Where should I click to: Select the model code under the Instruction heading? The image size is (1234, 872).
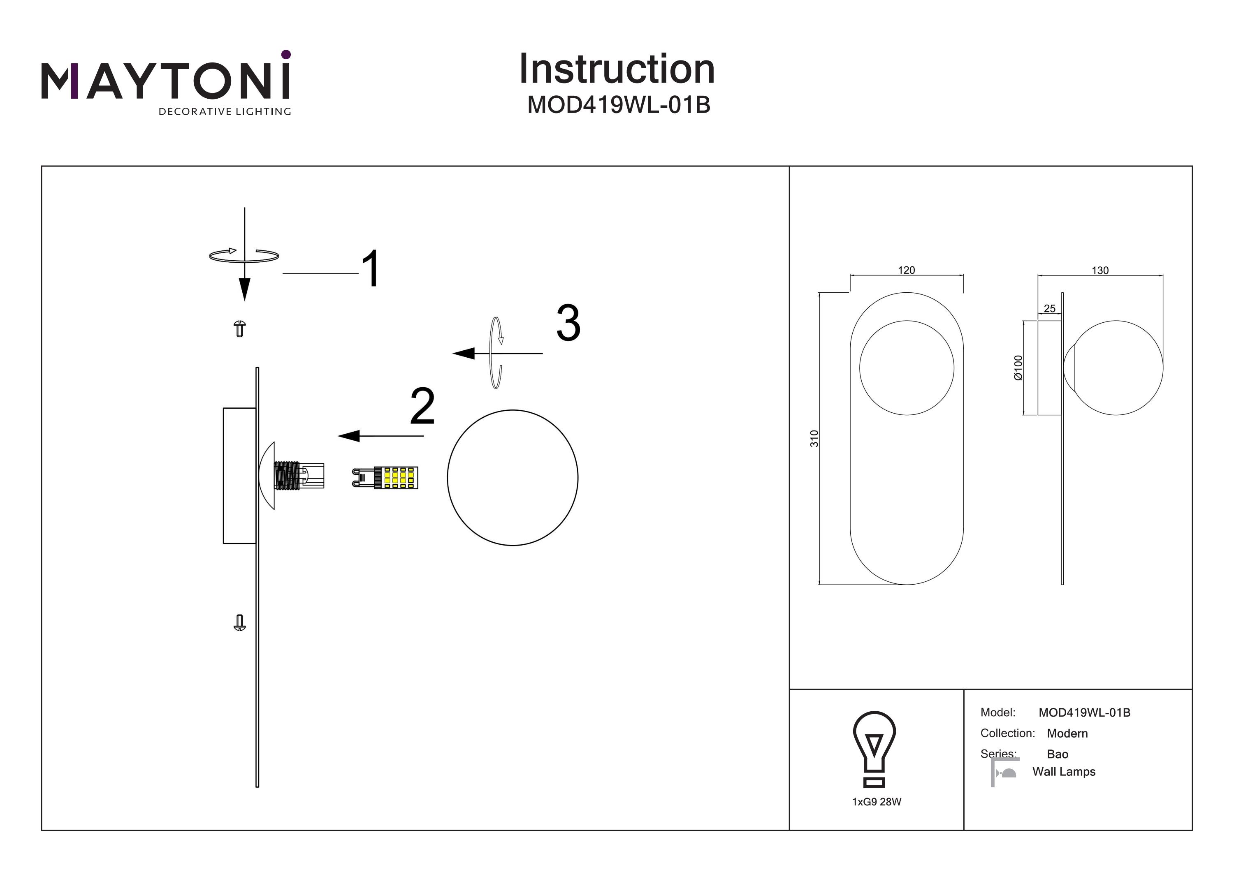click(619, 105)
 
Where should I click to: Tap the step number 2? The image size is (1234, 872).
click(422, 407)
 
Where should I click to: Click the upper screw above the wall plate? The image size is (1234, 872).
click(240, 328)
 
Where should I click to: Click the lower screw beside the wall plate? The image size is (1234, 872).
click(240, 623)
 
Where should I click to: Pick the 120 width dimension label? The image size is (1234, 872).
click(906, 270)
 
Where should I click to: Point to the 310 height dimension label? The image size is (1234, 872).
click(814, 438)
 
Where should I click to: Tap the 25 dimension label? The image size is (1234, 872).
click(1049, 308)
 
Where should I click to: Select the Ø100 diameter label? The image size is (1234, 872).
click(1018, 368)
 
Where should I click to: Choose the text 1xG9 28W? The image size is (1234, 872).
click(877, 802)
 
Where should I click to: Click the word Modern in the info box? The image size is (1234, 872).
click(1067, 733)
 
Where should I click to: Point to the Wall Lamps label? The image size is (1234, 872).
click(1064, 772)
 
